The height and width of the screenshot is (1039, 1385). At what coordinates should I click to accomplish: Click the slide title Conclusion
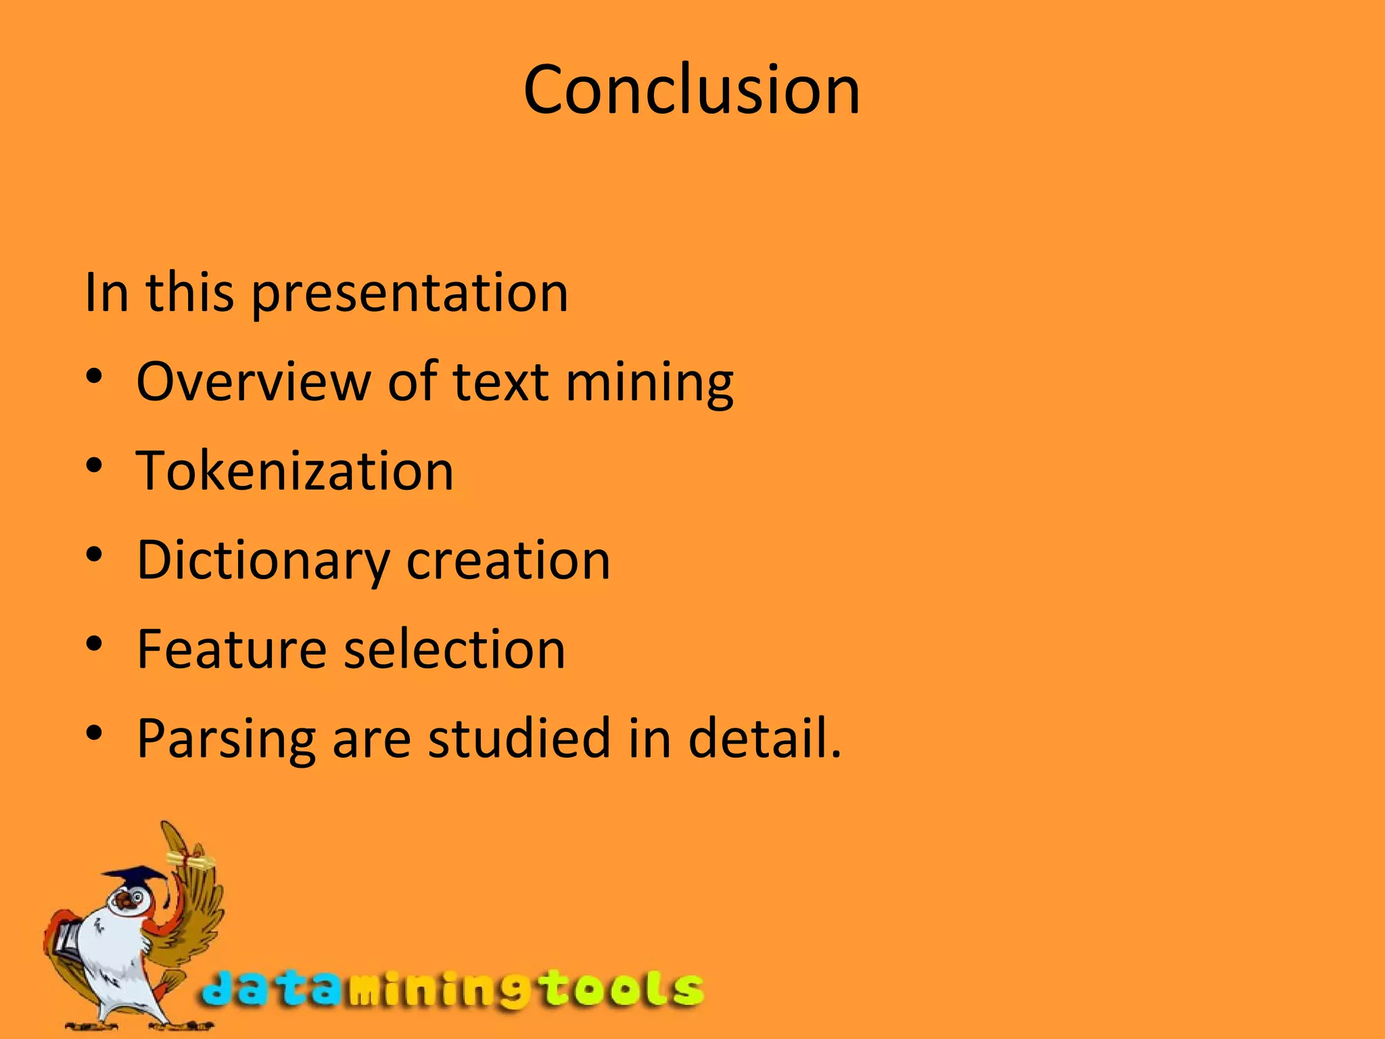coord(691,89)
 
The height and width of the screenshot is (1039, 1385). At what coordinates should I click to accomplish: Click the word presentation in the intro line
coord(410,294)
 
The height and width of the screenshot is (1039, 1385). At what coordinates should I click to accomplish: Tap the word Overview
coord(253,382)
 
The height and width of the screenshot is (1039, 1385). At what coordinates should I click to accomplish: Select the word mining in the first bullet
coord(649,383)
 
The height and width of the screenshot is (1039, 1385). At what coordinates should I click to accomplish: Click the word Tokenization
coord(295,471)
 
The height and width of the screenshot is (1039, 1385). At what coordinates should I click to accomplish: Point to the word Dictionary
coord(262,561)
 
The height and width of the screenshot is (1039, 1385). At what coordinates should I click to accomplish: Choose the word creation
coord(508,560)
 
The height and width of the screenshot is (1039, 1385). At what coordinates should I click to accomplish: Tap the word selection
coord(454,649)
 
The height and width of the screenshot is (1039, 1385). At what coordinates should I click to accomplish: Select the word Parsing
coord(226,740)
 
